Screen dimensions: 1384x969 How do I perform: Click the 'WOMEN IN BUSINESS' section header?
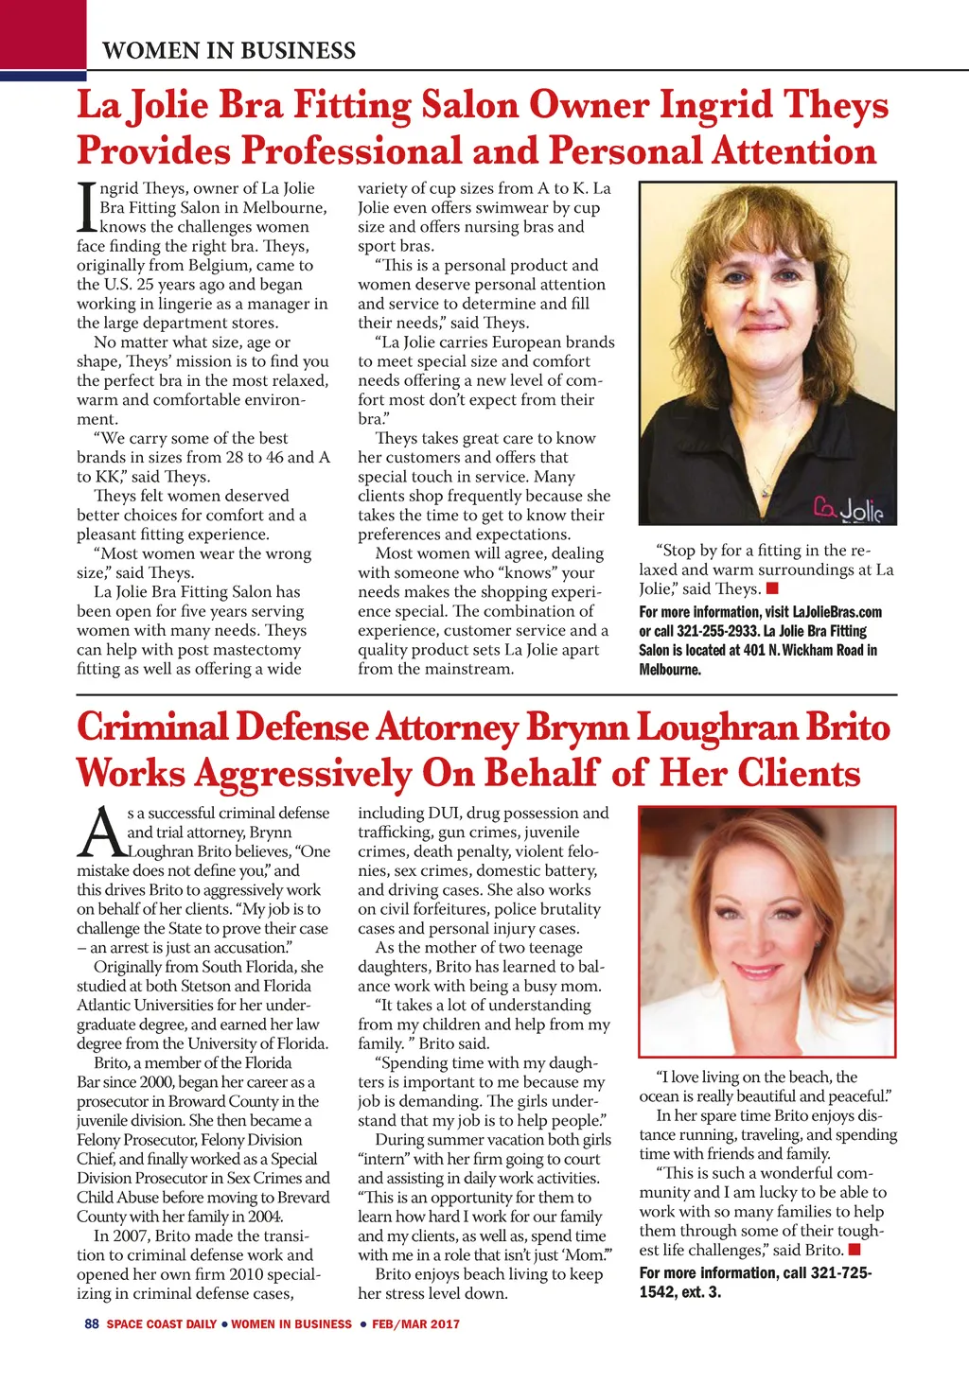point(229,51)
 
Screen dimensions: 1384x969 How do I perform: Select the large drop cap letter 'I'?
point(86,207)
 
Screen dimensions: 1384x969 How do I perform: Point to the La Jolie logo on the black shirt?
point(848,510)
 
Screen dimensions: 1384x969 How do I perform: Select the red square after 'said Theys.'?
point(772,589)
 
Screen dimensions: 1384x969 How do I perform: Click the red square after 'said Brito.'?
point(855,1251)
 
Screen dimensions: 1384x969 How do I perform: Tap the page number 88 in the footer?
point(92,1324)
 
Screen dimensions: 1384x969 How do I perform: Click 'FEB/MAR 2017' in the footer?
point(415,1324)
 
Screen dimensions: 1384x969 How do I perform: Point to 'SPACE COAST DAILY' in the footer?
point(162,1324)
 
